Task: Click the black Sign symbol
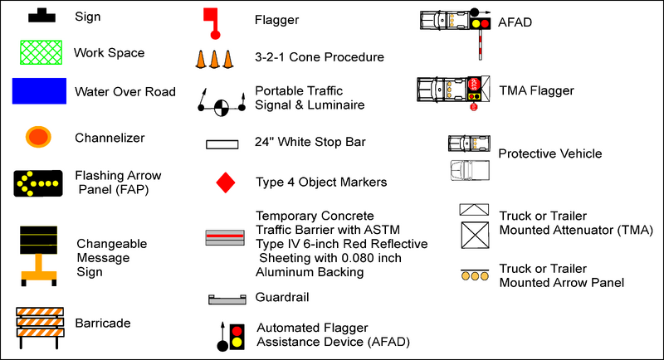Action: coord(39,15)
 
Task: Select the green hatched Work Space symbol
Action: coord(39,52)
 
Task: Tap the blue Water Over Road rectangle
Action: coord(39,90)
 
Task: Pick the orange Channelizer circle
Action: coord(39,137)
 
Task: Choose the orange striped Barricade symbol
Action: coord(40,323)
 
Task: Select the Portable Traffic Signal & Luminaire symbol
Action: coord(221,105)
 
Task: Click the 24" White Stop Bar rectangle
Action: coord(223,144)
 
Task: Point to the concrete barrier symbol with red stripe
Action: coord(224,237)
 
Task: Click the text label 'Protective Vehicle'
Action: coord(550,153)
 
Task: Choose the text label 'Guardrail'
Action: coord(284,297)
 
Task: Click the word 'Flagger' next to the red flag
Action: coord(277,20)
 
